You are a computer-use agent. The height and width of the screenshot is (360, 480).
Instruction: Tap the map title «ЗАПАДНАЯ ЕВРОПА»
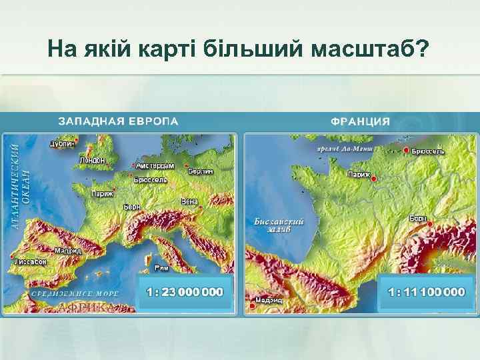point(118,121)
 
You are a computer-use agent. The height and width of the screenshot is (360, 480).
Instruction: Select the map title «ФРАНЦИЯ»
point(360,121)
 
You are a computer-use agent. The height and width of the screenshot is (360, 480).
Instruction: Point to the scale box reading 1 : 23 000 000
point(186,292)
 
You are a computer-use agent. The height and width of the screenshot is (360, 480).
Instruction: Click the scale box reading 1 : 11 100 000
point(427,292)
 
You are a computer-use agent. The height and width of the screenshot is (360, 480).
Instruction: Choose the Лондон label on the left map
point(92,160)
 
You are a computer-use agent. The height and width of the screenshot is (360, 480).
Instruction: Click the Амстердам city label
point(155,165)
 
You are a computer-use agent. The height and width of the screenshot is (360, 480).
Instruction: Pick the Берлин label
point(201,171)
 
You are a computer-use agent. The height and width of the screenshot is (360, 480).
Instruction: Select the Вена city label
point(189,201)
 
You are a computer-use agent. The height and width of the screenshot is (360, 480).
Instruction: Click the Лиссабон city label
point(31,262)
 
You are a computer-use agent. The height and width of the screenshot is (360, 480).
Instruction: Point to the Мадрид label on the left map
point(68,251)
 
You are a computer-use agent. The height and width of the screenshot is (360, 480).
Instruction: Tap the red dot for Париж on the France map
point(374,179)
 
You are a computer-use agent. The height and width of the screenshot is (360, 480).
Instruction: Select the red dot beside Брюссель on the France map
point(406,151)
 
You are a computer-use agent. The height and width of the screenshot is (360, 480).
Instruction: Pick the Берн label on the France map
point(418,218)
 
